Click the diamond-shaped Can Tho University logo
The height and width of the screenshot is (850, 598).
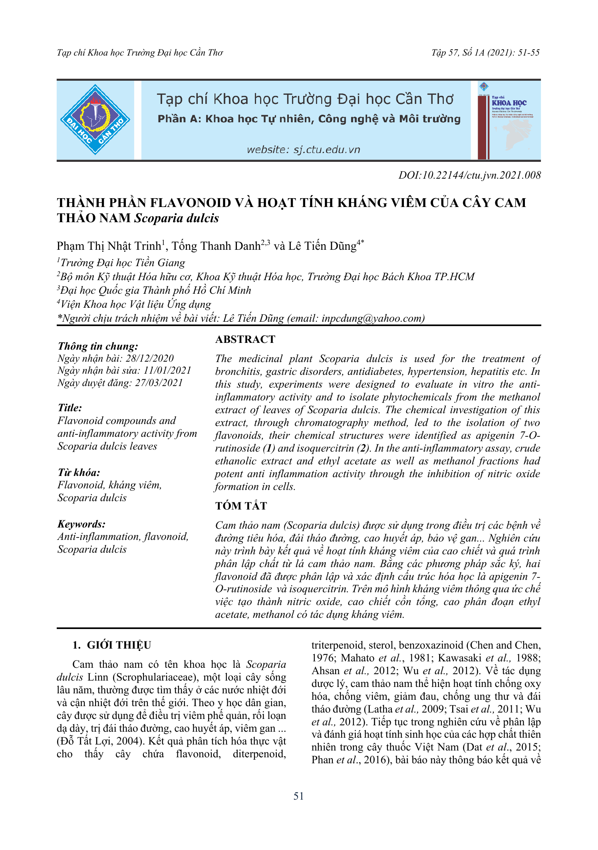[x=95, y=119]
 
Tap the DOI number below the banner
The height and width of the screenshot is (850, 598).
[x=470, y=175]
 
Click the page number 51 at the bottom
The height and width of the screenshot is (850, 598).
[x=298, y=796]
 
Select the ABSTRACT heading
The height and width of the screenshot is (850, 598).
[x=245, y=339]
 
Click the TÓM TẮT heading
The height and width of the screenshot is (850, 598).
[x=241, y=506]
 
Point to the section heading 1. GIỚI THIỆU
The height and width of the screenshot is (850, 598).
[x=112, y=645]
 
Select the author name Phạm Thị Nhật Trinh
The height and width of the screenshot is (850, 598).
[x=109, y=246]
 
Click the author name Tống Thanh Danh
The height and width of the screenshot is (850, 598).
[x=216, y=246]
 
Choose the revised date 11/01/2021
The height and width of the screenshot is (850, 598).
[x=167, y=370]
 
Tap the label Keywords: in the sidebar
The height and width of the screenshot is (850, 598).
[x=81, y=524]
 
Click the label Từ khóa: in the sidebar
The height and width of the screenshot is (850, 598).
[x=79, y=473]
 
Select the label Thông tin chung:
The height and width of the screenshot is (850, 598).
[x=98, y=346]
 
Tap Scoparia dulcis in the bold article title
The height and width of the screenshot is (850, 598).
[x=177, y=218]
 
